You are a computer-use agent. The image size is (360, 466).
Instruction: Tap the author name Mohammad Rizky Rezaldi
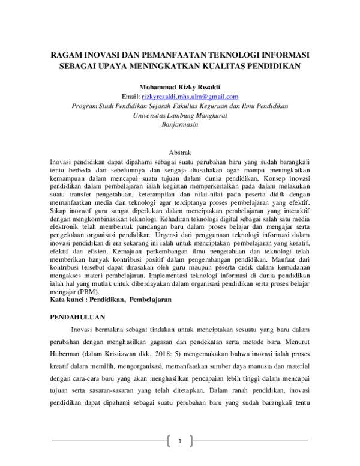(x=180, y=86)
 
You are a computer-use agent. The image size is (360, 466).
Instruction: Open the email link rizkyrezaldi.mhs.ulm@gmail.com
(x=190, y=96)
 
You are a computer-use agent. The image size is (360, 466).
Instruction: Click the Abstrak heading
(x=180, y=154)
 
